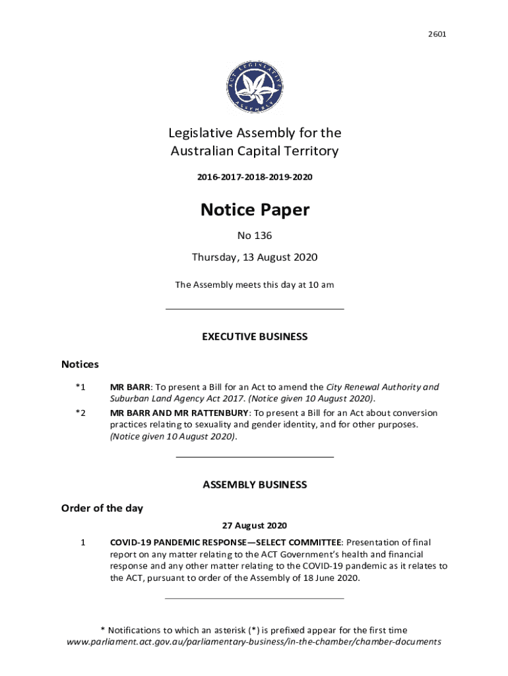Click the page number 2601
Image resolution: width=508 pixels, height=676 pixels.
click(x=437, y=33)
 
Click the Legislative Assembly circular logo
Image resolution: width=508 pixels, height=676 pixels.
click(x=254, y=85)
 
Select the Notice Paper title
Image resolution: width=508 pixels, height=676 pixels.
click(x=254, y=210)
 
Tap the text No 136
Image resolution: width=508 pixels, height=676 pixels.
click(x=254, y=236)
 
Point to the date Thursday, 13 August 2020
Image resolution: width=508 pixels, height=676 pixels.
click(x=254, y=257)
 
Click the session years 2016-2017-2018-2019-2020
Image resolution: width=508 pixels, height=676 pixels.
click(x=254, y=178)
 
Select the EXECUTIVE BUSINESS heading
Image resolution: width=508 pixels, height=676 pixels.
click(x=254, y=337)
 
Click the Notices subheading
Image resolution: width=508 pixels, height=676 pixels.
click(x=80, y=364)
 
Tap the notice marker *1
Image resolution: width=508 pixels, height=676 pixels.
click(x=80, y=388)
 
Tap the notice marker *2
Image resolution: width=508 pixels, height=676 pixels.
click(x=80, y=413)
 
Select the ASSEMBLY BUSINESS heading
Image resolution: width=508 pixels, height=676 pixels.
click(x=254, y=485)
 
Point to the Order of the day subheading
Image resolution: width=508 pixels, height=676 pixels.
click(x=102, y=508)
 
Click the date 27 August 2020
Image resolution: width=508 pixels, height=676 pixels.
click(x=254, y=526)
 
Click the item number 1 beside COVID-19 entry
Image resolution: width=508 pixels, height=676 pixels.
click(x=82, y=543)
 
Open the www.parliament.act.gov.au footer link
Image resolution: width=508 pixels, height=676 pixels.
click(x=254, y=642)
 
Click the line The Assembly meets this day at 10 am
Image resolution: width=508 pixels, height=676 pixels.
click(x=254, y=285)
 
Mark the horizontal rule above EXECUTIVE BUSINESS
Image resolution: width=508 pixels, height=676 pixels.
click(x=254, y=308)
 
